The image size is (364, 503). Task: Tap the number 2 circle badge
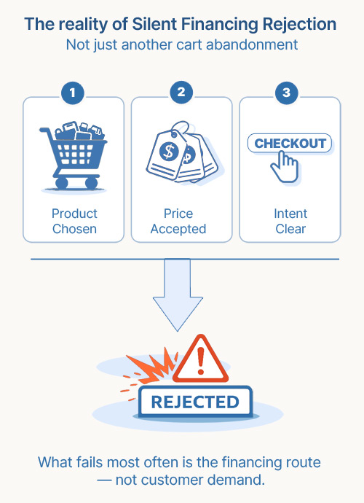click(181, 94)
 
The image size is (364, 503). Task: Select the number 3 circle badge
click(289, 94)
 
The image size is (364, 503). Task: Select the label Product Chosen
click(74, 221)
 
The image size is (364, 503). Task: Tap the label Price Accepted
click(179, 221)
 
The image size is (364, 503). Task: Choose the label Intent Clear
click(290, 221)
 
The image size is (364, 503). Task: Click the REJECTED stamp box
click(194, 402)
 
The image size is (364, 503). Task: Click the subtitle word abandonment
click(250, 44)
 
